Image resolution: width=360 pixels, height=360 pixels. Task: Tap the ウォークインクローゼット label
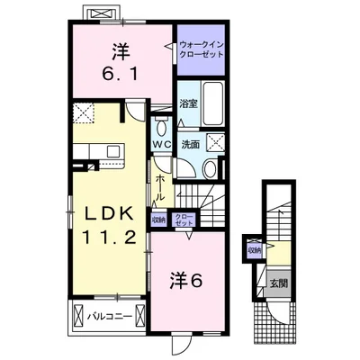coord(201,49)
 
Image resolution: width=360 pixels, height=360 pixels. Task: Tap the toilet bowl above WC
coord(160,124)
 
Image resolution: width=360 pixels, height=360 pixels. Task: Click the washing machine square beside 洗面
coord(216,141)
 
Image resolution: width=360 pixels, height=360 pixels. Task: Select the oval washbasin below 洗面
coord(208,166)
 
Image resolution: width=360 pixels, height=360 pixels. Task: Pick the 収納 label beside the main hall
coord(158,218)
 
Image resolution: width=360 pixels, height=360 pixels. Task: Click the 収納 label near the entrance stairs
coord(256,250)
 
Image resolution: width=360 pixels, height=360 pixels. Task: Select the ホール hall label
coord(160,188)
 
